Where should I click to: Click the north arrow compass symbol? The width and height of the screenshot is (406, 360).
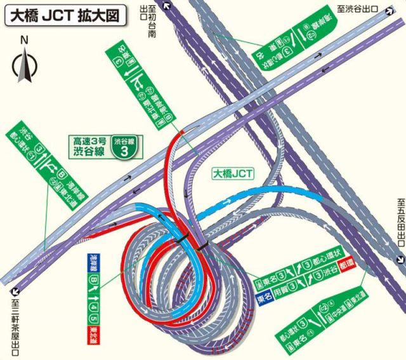click(24, 67)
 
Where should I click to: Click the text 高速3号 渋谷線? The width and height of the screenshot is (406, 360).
click(89, 147)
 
